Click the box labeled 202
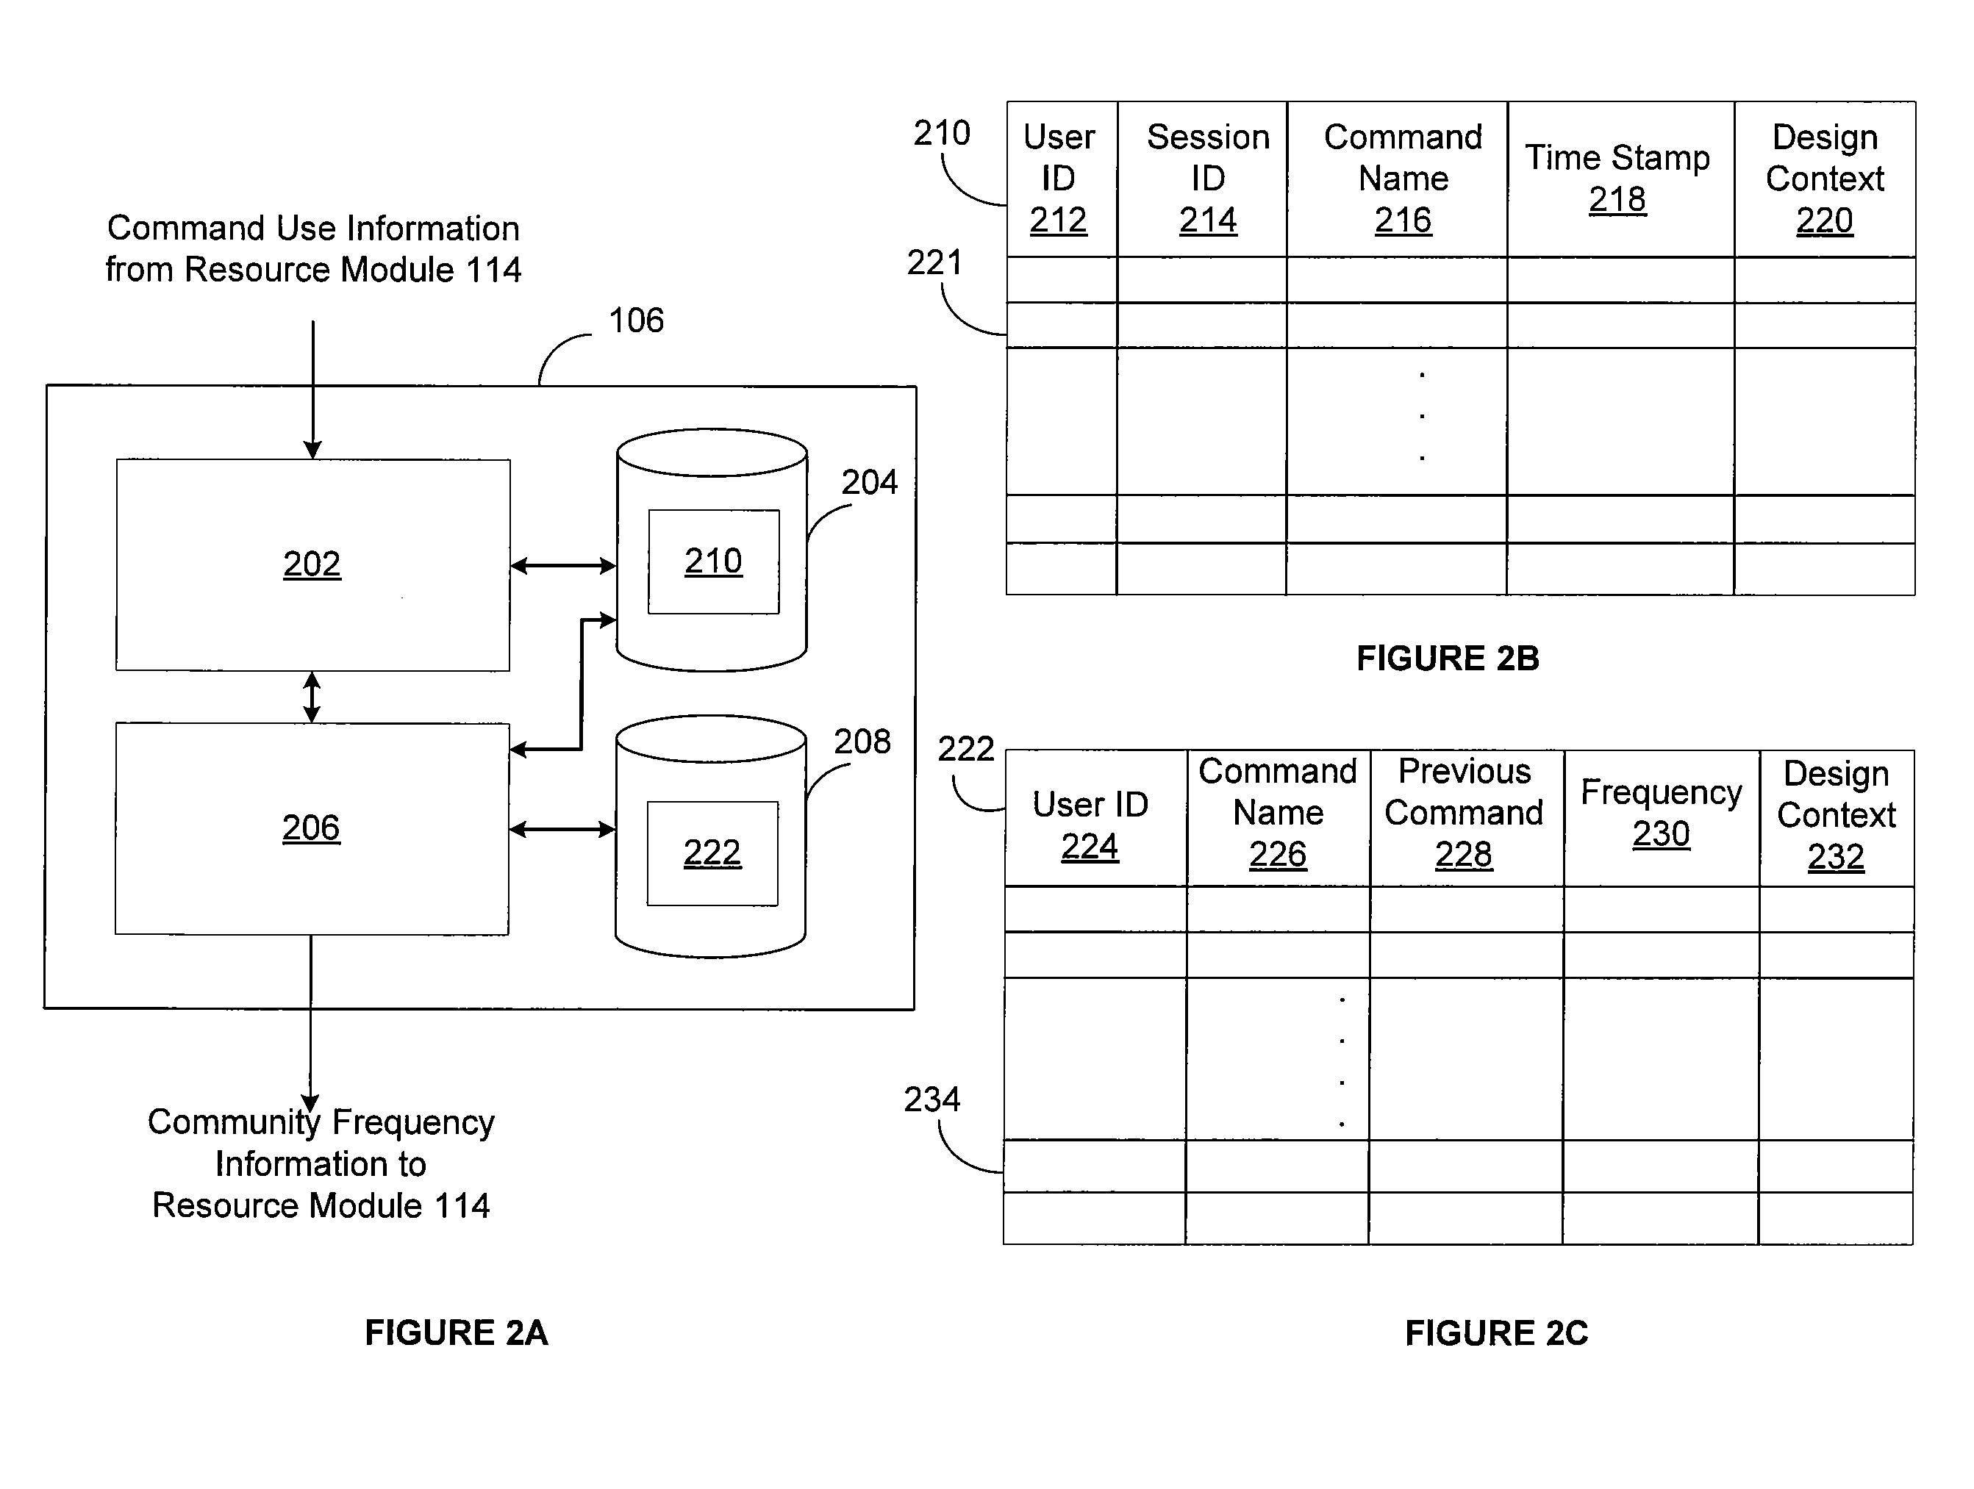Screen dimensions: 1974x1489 click(x=313, y=564)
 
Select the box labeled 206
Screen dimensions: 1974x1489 click(x=312, y=829)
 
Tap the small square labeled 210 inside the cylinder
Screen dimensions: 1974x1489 click(x=714, y=562)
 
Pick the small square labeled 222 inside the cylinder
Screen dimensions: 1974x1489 click(x=712, y=854)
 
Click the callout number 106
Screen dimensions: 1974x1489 click(x=636, y=320)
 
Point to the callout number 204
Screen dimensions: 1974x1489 click(x=869, y=483)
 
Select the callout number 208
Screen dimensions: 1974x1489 click(x=862, y=742)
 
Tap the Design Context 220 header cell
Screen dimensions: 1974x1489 click(x=1825, y=179)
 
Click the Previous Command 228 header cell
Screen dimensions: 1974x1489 click(x=1466, y=818)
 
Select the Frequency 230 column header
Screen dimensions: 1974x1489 click(x=1662, y=818)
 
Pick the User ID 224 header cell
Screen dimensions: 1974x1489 click(x=1096, y=818)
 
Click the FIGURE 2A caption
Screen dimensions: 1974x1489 click(x=456, y=1333)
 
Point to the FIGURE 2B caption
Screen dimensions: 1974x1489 click(x=1448, y=659)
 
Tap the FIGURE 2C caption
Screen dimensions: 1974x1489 click(x=1497, y=1334)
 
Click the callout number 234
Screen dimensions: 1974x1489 click(x=931, y=1100)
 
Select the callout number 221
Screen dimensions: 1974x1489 click(x=934, y=263)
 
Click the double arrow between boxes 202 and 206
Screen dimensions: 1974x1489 click(x=312, y=697)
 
